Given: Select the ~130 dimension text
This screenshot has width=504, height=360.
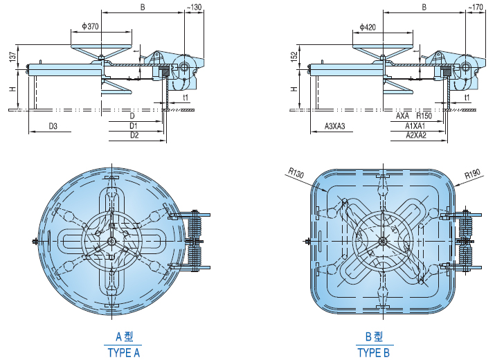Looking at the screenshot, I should (195, 7).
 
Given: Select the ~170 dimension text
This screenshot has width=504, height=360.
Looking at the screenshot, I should (476, 7).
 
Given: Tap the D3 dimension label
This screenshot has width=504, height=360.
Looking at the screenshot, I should (53, 126).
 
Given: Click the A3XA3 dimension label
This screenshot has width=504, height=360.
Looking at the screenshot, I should (335, 126).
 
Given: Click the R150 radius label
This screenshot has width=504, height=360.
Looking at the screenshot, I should (424, 116).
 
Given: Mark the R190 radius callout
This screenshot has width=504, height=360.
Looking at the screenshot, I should (472, 174).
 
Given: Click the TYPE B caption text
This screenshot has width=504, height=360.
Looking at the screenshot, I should (373, 352).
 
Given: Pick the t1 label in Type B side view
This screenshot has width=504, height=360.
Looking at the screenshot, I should (467, 98).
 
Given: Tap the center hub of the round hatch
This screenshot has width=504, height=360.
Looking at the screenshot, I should (111, 241).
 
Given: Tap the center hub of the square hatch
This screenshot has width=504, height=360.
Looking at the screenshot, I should (381, 241).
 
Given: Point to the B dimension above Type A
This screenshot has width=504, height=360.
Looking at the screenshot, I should (142, 8).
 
